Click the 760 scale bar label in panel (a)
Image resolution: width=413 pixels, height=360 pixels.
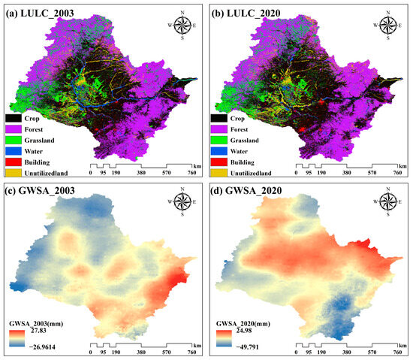pos(191,173)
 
